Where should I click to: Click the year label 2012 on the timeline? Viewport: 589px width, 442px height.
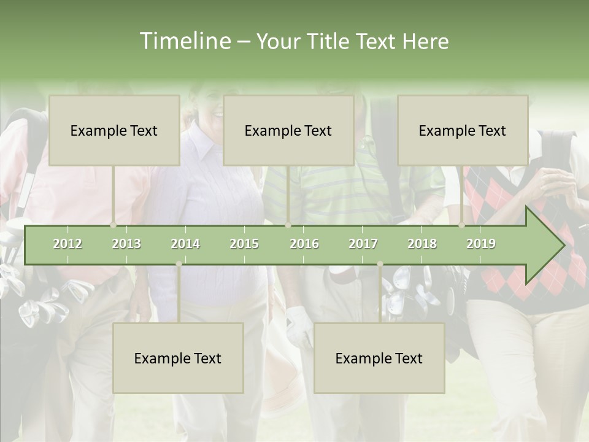coord(67,244)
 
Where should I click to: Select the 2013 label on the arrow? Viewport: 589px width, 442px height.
coord(126,244)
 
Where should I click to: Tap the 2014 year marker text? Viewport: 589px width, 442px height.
coord(185,244)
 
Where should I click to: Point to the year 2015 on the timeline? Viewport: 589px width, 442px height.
coord(244,244)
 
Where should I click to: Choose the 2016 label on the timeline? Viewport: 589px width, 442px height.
coord(304,244)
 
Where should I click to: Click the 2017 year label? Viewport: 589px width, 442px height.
coord(363,244)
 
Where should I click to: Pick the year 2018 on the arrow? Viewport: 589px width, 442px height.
coord(422,244)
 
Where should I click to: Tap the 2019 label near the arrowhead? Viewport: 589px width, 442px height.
coord(481,244)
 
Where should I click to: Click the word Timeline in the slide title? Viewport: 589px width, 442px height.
coord(185,41)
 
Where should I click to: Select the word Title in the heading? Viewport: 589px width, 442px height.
coord(329,42)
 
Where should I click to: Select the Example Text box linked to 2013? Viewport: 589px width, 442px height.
coord(114,130)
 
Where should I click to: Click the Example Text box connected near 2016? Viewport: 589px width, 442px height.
coord(288,130)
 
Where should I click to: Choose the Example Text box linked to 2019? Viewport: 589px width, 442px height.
coord(463,130)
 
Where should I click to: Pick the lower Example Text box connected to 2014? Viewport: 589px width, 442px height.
coord(178,358)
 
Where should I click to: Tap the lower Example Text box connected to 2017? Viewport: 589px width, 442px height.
coord(379,358)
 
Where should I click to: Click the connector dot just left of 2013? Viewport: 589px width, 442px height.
coord(113,225)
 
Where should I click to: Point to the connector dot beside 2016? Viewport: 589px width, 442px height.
coord(288,225)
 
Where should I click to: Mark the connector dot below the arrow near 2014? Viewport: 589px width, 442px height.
coord(179,264)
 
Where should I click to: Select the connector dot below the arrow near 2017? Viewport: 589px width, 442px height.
coord(380,264)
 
